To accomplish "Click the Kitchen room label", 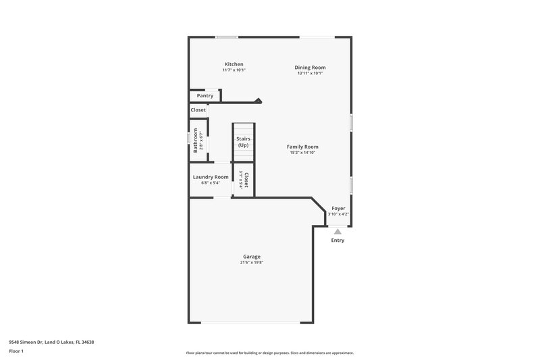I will pos(234,64).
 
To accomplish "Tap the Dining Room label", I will pos(310,67).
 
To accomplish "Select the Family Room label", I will pos(302,147).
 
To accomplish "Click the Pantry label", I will pos(205,96).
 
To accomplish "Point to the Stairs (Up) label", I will pos(243,142).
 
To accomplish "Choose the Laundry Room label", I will pos(211,177).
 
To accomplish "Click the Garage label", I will pos(252,257).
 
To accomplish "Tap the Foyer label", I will pos(338,209).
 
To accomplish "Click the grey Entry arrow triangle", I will pos(337,231).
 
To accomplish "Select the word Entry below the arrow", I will pos(337,240).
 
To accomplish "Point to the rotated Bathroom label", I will pos(196,140).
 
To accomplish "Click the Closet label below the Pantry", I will pos(198,110).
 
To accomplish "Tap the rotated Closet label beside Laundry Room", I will pos(247,180).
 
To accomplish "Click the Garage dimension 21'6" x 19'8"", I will pos(251,263).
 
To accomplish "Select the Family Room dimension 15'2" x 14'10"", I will pos(302,153).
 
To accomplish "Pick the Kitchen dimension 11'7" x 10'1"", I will pos(234,70).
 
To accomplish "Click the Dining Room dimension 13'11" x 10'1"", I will pos(310,73).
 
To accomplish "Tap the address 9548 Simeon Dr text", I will pos(51,342).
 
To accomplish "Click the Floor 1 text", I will pos(17,352).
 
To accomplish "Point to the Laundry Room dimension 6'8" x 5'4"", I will pos(211,183).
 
